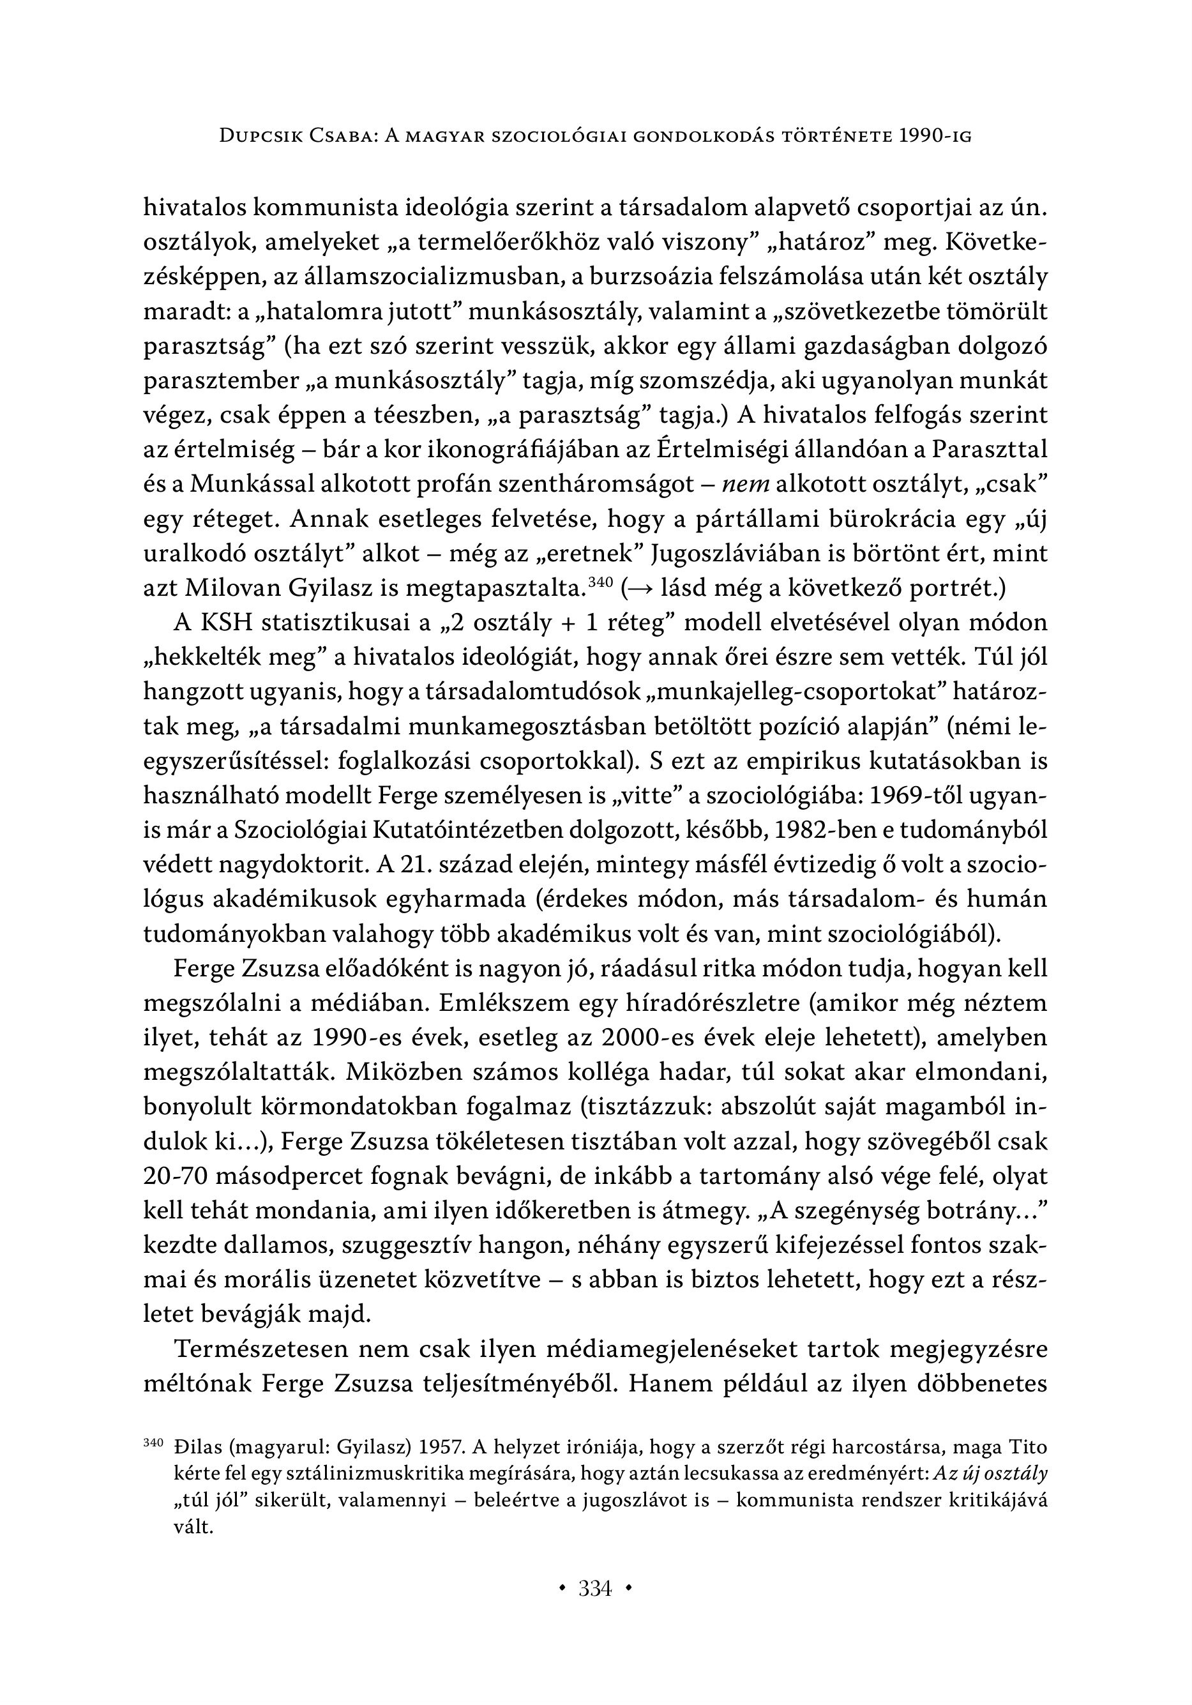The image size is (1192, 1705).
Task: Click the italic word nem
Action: [747, 484]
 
